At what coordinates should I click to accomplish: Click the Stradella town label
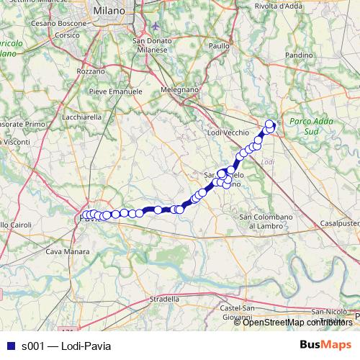164,298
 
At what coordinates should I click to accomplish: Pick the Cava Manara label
68,251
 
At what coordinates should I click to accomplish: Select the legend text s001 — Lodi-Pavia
66,346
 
